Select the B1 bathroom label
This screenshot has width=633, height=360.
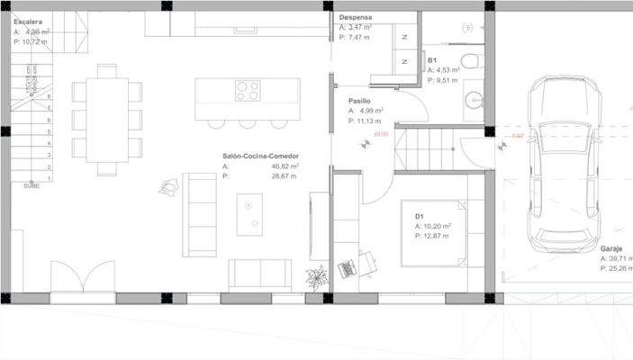(433, 60)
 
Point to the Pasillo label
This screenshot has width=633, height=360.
(360, 101)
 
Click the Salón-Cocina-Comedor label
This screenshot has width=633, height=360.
(260, 156)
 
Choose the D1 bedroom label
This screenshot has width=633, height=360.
(420, 216)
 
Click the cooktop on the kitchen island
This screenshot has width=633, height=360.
(248, 91)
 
